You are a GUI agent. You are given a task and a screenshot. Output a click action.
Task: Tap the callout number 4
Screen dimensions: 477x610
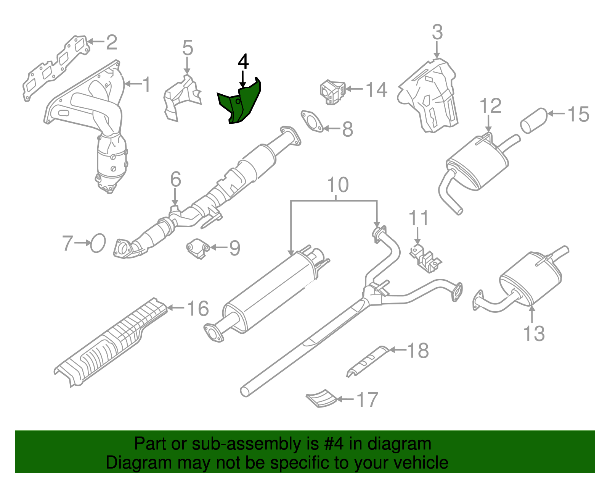243,61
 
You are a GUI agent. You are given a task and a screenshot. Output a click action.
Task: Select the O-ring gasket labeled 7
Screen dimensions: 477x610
98,243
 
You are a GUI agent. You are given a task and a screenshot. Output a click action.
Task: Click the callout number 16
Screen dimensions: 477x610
198,309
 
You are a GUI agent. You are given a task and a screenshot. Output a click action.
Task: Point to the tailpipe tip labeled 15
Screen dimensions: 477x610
534,120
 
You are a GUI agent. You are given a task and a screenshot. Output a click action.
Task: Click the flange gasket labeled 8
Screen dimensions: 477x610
312,121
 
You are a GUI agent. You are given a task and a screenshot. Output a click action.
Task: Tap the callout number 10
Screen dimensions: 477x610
338,185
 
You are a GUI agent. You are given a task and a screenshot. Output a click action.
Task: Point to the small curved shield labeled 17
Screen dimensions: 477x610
322,399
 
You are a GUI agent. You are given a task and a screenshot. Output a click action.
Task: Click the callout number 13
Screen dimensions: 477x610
534,333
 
